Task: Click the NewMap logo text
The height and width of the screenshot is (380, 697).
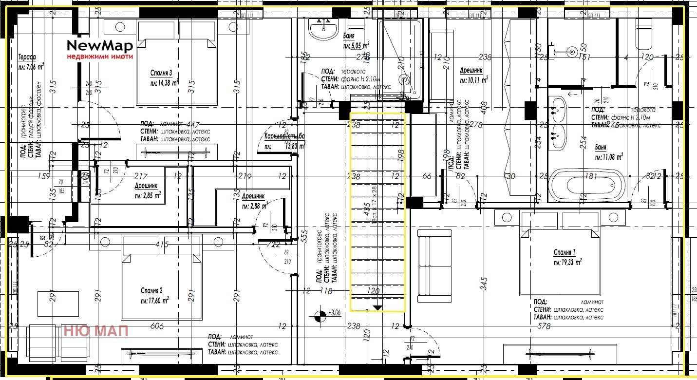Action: tap(100, 46)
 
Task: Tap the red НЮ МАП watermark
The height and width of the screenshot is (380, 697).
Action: tap(96, 331)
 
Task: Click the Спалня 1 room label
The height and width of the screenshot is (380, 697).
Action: tap(565, 252)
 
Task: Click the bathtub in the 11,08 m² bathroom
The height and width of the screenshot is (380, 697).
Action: tap(586, 186)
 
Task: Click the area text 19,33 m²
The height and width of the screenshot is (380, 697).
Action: tap(567, 262)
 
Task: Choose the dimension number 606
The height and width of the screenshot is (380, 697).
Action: tap(157, 326)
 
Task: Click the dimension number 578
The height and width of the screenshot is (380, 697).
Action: tap(544, 326)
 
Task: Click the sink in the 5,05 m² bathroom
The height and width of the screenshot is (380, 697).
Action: tap(323, 30)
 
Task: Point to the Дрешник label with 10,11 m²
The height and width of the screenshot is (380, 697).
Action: tap(471, 71)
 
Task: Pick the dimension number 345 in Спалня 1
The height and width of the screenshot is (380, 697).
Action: tap(483, 283)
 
